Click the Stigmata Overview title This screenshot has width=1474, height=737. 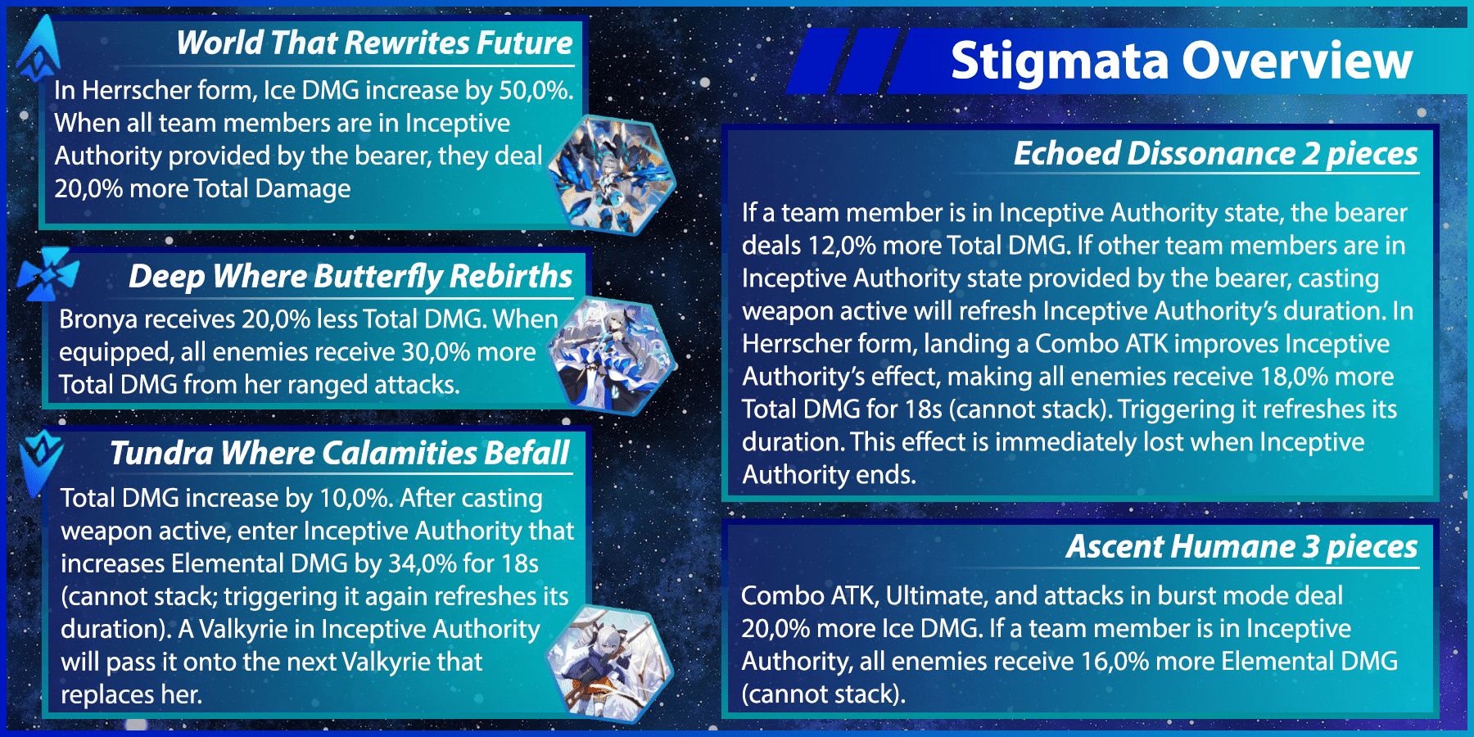(1181, 61)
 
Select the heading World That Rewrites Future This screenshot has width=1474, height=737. (374, 43)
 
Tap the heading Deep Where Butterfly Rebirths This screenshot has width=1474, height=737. (350, 277)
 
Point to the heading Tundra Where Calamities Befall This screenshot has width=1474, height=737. (340, 453)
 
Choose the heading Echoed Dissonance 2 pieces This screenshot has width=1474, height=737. (1215, 154)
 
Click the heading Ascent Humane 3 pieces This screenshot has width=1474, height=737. (1241, 546)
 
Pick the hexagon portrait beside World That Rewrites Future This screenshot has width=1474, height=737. (612, 174)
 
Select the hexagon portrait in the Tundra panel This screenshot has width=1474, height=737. (610, 662)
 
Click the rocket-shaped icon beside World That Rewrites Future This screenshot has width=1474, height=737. (38, 49)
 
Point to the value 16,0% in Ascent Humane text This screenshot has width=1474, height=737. (1115, 662)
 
